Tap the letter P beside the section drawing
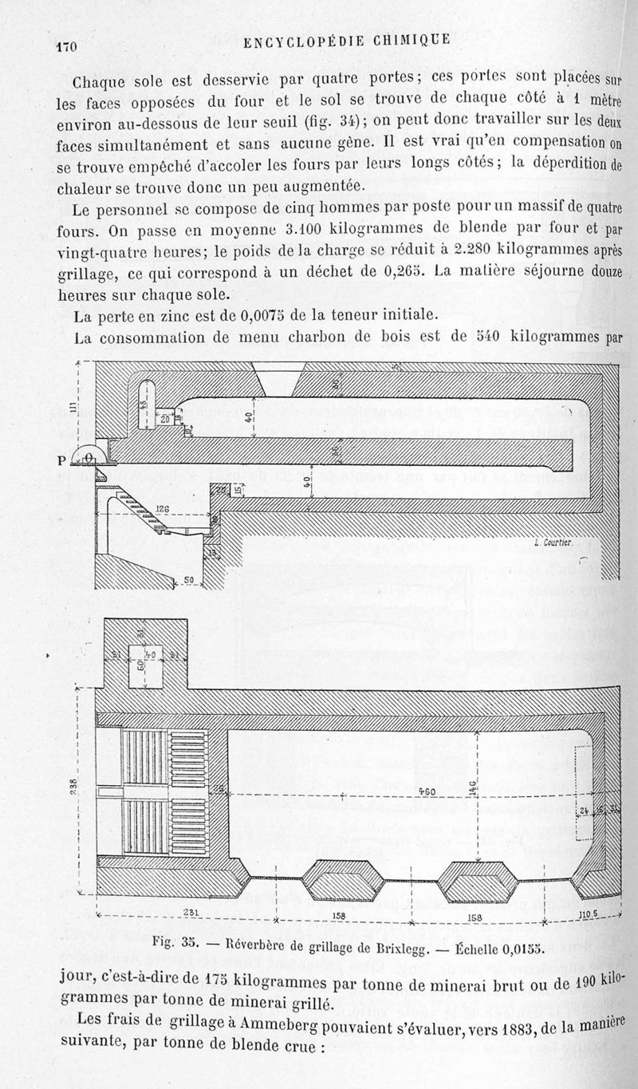(x=61, y=460)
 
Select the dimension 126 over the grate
(x=163, y=509)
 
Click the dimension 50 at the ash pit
(x=189, y=580)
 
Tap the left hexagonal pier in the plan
(x=339, y=881)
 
